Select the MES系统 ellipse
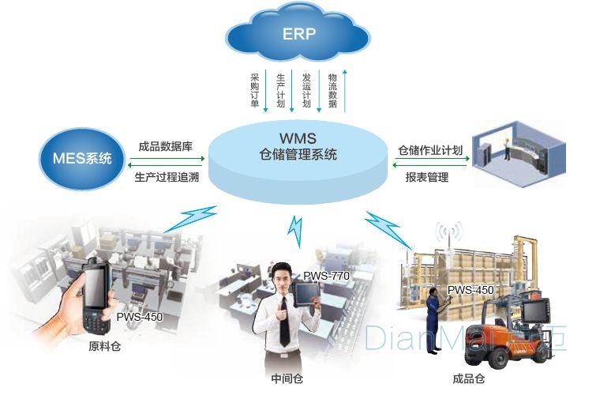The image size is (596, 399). (x=82, y=159)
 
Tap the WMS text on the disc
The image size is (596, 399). (x=298, y=138)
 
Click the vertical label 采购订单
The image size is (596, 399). (x=255, y=91)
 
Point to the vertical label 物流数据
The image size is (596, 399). (x=332, y=91)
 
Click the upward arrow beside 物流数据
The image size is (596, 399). (x=345, y=91)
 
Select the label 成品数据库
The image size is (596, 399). (x=165, y=146)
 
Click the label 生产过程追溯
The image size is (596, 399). (x=167, y=177)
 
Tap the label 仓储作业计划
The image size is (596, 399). (x=430, y=150)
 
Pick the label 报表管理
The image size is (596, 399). (x=427, y=177)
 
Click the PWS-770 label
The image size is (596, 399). (x=326, y=276)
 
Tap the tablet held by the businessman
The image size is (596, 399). (x=306, y=295)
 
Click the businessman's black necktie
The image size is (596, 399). (x=283, y=322)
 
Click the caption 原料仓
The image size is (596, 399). (x=104, y=347)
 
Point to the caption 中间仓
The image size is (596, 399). (x=287, y=378)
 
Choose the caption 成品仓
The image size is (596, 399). (x=469, y=378)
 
